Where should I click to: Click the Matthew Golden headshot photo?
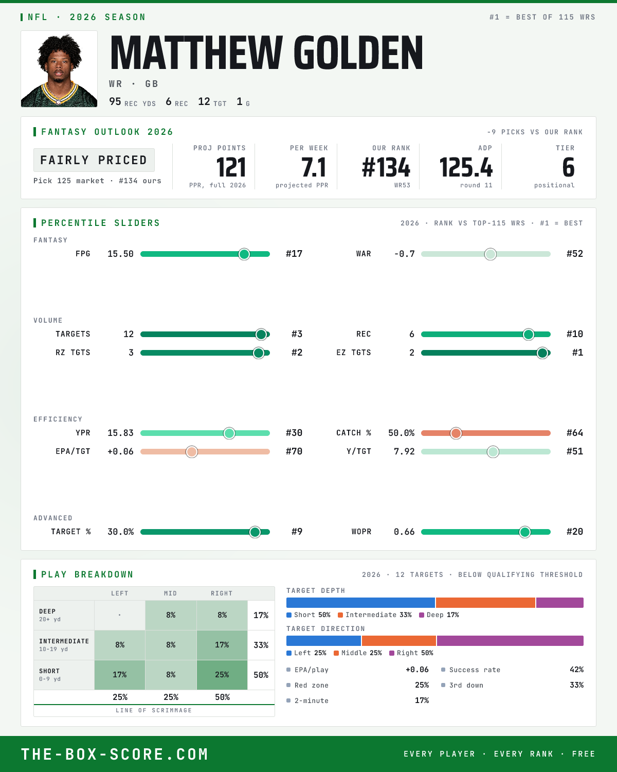pyautogui.click(x=59, y=69)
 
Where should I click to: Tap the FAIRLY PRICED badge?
pyautogui.click(x=94, y=160)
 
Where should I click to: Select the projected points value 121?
pyautogui.click(x=231, y=168)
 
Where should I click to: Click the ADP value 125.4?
pyautogui.click(x=466, y=168)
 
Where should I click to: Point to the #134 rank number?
pyautogui.click(x=386, y=168)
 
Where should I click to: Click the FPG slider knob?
pyautogui.click(x=244, y=254)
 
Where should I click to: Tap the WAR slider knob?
pyautogui.click(x=490, y=254)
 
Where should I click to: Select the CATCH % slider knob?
pyautogui.click(x=456, y=433)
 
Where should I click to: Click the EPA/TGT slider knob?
pyautogui.click(x=192, y=452)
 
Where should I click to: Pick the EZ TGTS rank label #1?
pyautogui.click(x=577, y=353)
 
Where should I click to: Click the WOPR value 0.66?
pyautogui.click(x=404, y=532)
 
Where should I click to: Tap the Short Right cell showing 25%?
pyautogui.click(x=222, y=675)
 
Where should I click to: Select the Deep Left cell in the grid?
pyautogui.click(x=120, y=615)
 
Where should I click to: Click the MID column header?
pyautogui.click(x=171, y=593)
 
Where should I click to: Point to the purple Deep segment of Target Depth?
pyautogui.click(x=559, y=603)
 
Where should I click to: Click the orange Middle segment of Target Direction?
pyautogui.click(x=398, y=641)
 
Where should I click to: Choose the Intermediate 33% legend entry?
pyautogui.click(x=375, y=615)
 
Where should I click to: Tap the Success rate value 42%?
pyautogui.click(x=576, y=670)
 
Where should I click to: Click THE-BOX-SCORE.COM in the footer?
pyautogui.click(x=115, y=754)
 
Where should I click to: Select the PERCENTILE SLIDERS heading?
pyautogui.click(x=100, y=223)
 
